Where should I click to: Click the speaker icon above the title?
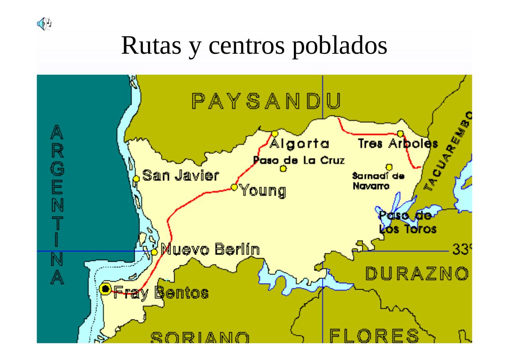click(x=44, y=23)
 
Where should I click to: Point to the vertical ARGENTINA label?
click(x=57, y=204)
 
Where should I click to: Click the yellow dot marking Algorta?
click(x=274, y=134)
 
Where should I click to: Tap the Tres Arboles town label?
click(x=398, y=144)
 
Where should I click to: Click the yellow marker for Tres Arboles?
click(x=400, y=134)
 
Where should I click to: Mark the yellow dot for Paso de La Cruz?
click(x=283, y=169)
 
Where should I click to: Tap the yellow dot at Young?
click(x=235, y=187)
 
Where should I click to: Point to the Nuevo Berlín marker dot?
click(x=154, y=252)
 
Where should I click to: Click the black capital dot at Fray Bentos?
click(x=105, y=288)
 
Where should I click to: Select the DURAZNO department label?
click(x=417, y=274)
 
